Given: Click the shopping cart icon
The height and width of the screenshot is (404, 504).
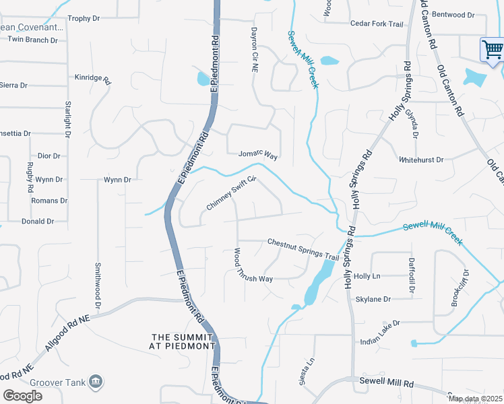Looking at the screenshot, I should coord(492,49).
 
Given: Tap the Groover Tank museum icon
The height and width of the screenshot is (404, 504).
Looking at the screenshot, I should coord(96,382).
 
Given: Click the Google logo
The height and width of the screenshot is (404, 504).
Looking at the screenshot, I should coord(22,396).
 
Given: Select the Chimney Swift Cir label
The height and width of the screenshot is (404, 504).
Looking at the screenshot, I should coord(232,193).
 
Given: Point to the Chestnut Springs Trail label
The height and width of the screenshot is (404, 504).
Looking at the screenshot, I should coord(303,249).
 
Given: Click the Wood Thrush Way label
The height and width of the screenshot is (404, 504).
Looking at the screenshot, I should coord(253,266).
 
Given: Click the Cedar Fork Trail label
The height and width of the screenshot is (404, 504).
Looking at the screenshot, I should coord(377,24).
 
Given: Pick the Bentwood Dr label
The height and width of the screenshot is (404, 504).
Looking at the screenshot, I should coord(452,14).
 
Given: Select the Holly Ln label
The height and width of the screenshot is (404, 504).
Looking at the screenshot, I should coord(367,276).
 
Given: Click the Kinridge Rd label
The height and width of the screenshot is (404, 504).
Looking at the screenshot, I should coord(92,78).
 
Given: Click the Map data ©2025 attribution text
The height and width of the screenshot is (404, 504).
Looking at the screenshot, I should coord(475,399).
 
